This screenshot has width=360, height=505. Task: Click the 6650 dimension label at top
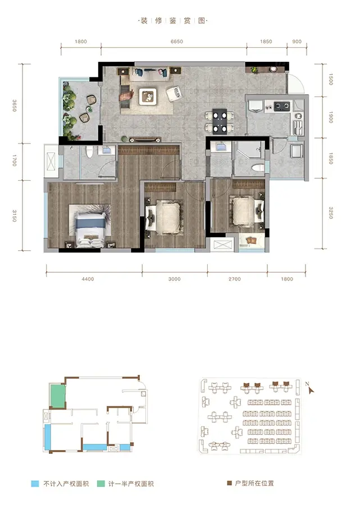pos(176,42)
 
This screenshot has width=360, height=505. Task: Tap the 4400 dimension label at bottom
pos(88,279)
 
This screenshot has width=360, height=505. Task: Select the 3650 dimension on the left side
pos(14,105)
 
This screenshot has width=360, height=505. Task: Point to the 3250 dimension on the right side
pos(331,213)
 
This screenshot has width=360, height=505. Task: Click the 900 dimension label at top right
pos(297,42)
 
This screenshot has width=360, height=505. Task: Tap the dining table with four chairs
pos(220,121)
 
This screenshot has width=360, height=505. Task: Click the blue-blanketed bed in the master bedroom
pos(91,228)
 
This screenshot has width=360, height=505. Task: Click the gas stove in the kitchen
pos(282,105)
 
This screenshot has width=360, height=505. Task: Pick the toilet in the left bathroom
pos(89,151)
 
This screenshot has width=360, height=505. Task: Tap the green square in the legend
pos(101,484)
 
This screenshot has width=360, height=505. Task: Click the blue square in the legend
pos(35,484)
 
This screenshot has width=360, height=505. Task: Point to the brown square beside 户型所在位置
pos(230,483)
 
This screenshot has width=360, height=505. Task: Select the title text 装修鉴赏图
pos(173,21)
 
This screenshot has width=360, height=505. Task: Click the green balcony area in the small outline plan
pos(58,396)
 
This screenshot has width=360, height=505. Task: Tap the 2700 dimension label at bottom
pos(235,279)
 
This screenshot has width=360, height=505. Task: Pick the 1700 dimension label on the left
pos(14,160)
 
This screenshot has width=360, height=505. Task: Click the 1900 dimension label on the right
pos(331,117)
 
